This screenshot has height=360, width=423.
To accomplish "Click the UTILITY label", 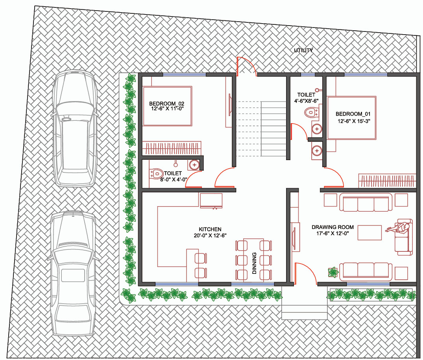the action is [x=303, y=50].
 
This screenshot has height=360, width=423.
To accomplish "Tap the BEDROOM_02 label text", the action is [x=167, y=103].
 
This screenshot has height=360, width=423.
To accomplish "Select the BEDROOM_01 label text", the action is [x=353, y=114].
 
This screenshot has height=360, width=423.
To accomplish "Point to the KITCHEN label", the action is [x=210, y=229].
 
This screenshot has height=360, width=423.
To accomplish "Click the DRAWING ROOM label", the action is [x=332, y=227].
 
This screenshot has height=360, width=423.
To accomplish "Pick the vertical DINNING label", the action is [x=254, y=263].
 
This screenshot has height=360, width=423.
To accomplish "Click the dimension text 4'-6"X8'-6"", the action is [x=306, y=101].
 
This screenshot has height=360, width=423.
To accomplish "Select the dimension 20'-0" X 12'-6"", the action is [x=210, y=235].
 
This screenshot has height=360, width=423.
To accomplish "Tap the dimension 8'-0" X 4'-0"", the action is [x=174, y=179].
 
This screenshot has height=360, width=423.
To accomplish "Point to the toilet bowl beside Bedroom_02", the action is [x=156, y=174].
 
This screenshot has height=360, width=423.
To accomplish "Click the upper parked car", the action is [x=75, y=128].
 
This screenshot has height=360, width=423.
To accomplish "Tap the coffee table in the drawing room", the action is [x=369, y=233].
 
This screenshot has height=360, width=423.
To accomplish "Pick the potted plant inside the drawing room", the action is [x=333, y=272].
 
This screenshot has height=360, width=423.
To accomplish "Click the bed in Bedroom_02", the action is [x=167, y=106].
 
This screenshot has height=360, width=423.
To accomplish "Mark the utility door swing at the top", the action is [x=246, y=66].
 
